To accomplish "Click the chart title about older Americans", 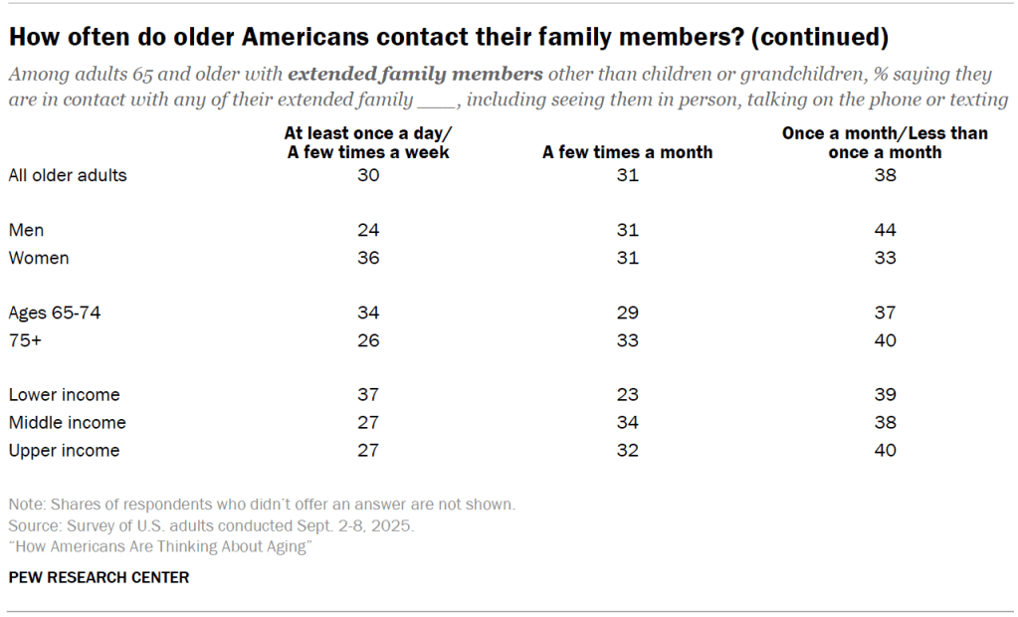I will click(x=448, y=38).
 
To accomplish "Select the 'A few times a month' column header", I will click(x=627, y=152).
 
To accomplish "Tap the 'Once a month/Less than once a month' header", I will click(x=885, y=142).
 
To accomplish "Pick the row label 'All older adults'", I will click(x=68, y=175).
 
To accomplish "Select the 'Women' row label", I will click(x=39, y=258).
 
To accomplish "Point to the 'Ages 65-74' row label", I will click(x=55, y=312).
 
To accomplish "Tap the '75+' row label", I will click(x=26, y=340).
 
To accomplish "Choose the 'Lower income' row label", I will click(x=64, y=395).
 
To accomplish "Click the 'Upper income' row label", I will click(x=64, y=450).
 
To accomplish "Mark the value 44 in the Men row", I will click(x=885, y=230).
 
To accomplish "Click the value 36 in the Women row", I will click(x=368, y=258).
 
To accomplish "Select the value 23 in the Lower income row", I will click(x=627, y=395).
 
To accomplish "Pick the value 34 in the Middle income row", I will click(x=627, y=422).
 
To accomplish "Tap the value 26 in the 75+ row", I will click(x=368, y=340).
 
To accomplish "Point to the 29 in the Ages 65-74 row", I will click(x=627, y=312).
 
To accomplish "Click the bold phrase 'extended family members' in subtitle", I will click(x=416, y=75).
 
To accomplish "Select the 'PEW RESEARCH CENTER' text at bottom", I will click(x=99, y=577).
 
